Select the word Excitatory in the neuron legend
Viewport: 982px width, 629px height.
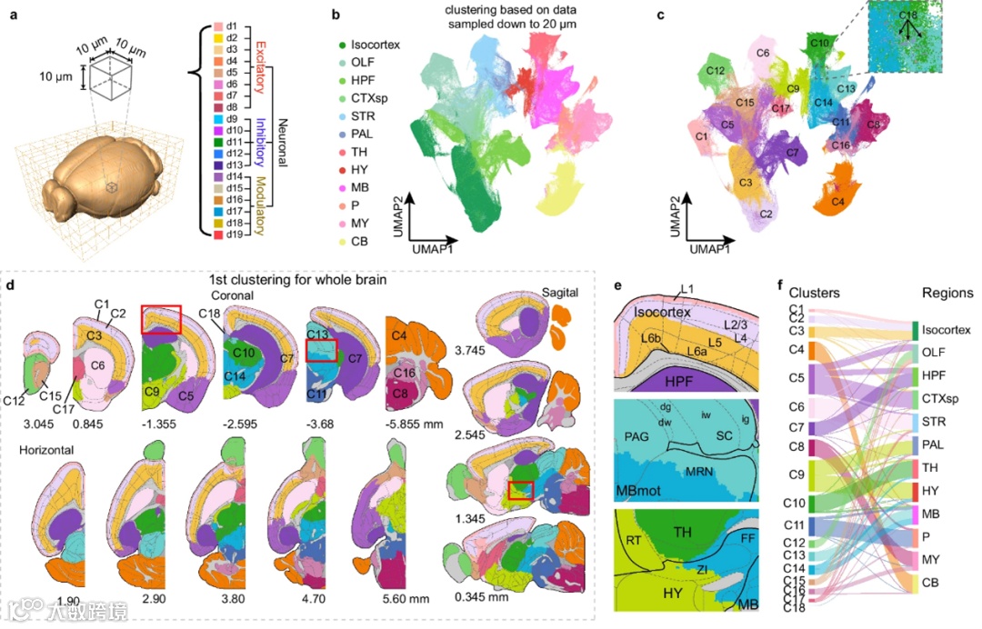click(x=258, y=65)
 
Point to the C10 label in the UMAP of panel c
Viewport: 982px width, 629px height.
click(x=819, y=43)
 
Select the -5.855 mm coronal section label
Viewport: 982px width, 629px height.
click(x=411, y=422)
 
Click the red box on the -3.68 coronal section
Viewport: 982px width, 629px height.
click(x=322, y=350)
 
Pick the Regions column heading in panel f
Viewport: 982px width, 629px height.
click(x=945, y=294)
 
